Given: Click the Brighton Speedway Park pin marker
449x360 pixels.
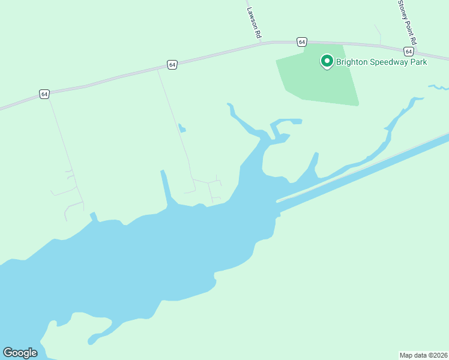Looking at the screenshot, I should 327,61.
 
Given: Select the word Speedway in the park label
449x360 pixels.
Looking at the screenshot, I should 390,62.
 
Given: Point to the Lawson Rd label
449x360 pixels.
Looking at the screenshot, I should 255,20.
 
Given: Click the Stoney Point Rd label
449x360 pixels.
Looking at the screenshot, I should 406,18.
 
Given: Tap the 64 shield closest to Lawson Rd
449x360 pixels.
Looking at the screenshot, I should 301,41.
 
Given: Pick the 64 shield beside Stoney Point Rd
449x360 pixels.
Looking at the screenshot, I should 408,52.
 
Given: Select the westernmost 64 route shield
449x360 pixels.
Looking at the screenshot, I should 44,94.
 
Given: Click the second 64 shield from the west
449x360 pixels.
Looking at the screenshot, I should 172,64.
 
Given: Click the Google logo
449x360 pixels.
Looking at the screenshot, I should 20,353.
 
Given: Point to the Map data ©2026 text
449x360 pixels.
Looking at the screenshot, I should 424,355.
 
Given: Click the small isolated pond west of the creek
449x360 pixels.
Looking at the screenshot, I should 182,128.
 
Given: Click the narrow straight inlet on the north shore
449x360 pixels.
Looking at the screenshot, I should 165,187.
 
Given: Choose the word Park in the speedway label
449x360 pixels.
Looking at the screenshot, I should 418,62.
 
